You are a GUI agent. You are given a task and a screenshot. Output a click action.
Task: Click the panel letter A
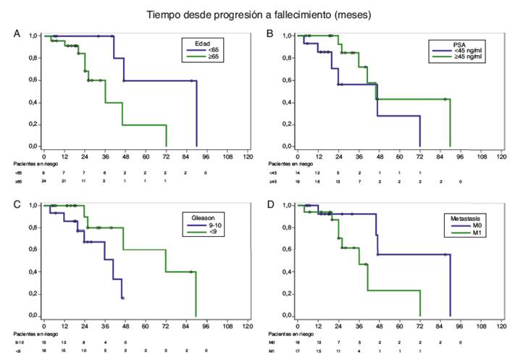(17, 34)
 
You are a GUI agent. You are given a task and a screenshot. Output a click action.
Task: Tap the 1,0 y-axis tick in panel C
(32, 206)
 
